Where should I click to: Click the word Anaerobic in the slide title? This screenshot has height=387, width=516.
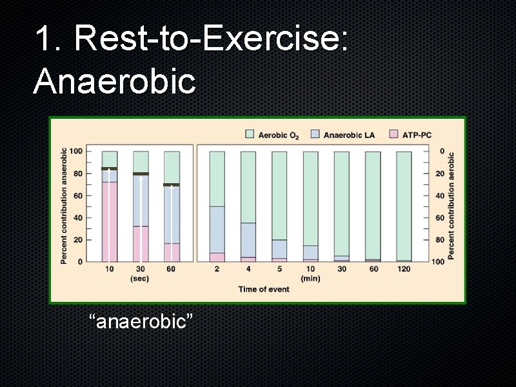click(114, 81)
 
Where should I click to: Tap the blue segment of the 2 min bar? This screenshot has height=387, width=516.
click(217, 230)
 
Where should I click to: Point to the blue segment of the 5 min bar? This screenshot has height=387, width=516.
click(279, 249)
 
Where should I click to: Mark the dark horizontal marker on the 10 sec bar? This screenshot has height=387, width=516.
click(110, 169)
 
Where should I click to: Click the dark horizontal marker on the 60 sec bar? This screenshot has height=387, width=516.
click(172, 185)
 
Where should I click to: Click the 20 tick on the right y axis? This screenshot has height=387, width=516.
click(442, 174)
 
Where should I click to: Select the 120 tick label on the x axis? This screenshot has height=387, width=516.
click(404, 269)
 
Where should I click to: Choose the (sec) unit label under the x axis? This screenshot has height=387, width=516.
click(140, 279)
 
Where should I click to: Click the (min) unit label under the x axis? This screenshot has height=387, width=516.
click(310, 279)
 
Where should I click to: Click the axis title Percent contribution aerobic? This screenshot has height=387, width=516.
click(451, 206)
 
